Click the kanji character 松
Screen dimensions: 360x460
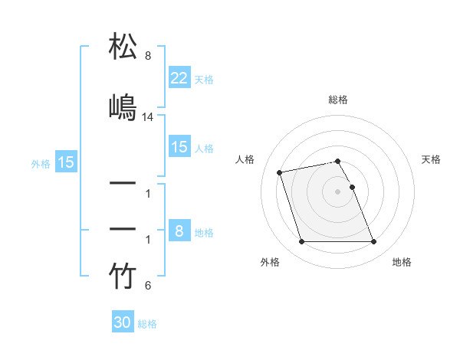point(123,47)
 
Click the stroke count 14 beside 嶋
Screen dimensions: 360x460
point(148,117)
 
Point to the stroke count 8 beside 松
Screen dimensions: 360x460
point(148,56)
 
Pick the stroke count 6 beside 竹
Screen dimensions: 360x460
point(148,286)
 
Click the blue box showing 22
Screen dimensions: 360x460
point(179,78)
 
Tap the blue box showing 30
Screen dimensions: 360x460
point(123,322)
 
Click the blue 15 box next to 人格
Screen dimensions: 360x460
point(179,147)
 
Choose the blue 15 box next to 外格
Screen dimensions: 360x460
point(66,162)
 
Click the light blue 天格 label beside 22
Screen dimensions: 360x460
point(204,79)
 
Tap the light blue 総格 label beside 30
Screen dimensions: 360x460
point(147,323)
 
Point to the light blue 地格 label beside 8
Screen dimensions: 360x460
point(204,232)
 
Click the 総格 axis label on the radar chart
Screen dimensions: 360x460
point(338,100)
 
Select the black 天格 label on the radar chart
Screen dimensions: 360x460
point(432,159)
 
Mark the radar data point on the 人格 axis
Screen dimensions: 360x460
point(280,172)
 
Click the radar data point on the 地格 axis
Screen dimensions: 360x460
point(373,242)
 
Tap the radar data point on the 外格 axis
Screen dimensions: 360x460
point(301,242)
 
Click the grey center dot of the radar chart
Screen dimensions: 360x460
point(338,191)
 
